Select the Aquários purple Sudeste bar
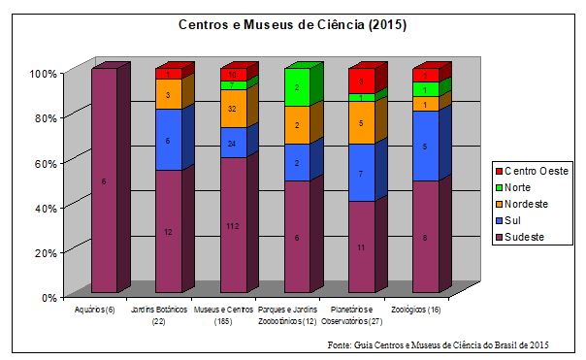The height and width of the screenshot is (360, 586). (105, 180)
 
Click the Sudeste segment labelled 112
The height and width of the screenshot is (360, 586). (233, 225)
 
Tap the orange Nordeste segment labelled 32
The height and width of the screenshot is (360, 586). (233, 109)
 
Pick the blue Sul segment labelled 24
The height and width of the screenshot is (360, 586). (233, 143)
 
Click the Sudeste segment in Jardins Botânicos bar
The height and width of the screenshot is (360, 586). (169, 231)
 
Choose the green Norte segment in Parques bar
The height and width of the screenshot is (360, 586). (296, 87)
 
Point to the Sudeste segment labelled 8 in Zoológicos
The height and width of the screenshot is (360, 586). (425, 236)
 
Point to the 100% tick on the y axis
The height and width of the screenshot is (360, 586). (43, 73)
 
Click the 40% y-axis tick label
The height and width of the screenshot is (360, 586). (45, 207)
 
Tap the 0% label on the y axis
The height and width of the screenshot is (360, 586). (48, 297)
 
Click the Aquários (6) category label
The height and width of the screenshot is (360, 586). (95, 309)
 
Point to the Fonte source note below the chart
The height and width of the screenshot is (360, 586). (438, 345)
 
